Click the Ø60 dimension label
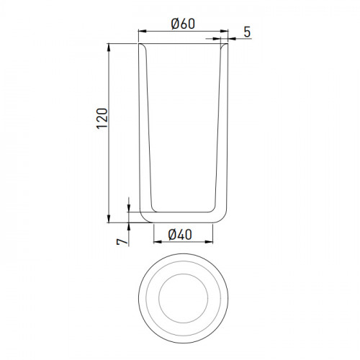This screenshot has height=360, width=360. pos(183,24)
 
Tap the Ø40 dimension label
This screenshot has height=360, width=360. pos(180,235)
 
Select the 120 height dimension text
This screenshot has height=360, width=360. pos(102,119)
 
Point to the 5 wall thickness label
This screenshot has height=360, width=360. pos(247,32)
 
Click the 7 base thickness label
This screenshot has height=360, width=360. pos(122,241)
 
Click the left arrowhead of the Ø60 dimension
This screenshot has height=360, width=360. pos(143,31)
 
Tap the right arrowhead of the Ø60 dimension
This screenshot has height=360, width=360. pos(224,31)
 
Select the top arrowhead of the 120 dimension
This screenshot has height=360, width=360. pos(109,48)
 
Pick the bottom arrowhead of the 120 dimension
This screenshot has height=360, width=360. pos(109,219)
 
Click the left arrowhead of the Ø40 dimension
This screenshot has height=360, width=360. pos(158,242)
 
